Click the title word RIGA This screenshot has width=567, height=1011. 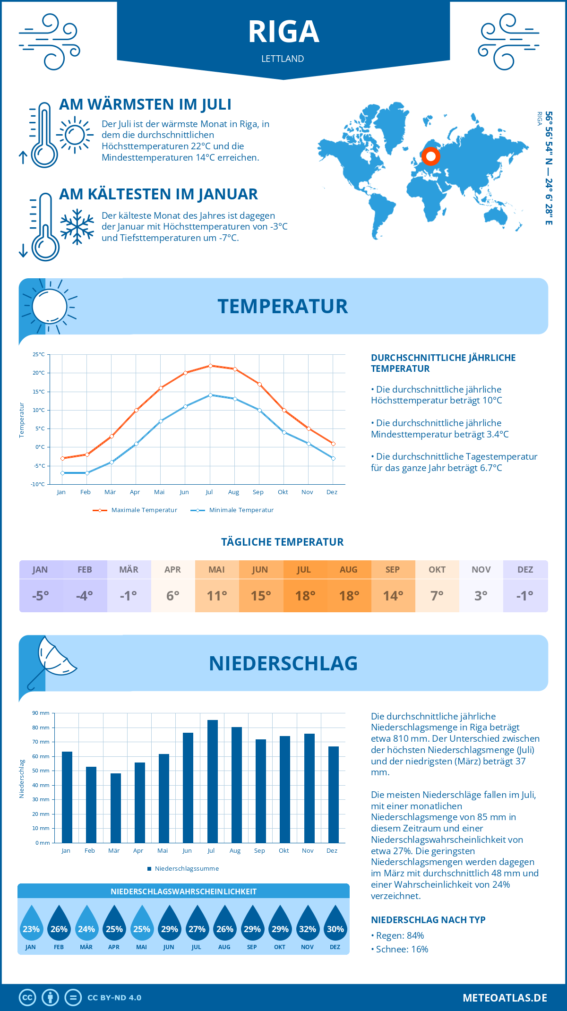(x=283, y=32)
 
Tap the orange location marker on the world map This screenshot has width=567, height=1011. (x=430, y=156)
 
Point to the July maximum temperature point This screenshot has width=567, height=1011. (x=210, y=366)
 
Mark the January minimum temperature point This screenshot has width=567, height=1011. (x=62, y=473)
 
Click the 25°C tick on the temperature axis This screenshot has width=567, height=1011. (x=39, y=354)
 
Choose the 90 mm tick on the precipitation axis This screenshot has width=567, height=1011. (x=41, y=713)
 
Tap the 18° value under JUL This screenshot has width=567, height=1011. (x=305, y=596)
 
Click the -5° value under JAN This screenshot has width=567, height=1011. (x=41, y=596)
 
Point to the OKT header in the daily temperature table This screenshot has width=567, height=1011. (x=437, y=570)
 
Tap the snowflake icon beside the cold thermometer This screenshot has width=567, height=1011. (x=77, y=227)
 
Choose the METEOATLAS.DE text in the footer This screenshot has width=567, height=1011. (x=505, y=998)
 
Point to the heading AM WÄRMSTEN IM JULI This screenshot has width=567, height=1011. (x=145, y=104)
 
